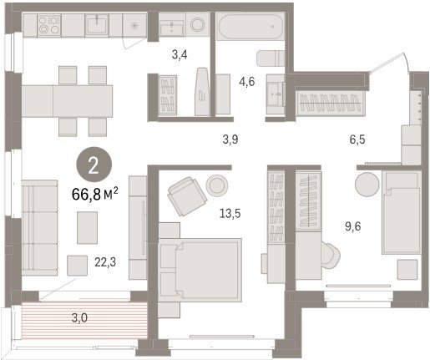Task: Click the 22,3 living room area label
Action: (105, 262)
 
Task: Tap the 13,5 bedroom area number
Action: (230, 214)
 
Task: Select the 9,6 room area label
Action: (353, 226)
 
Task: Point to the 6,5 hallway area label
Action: (357, 139)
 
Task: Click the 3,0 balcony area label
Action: (79, 317)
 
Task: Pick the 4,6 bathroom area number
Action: (247, 82)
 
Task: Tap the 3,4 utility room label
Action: (180, 54)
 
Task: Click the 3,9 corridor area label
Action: (230, 139)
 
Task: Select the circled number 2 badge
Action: (94, 165)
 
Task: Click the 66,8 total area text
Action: (95, 194)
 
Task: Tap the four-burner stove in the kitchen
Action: (49, 25)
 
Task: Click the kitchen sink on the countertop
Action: (97, 24)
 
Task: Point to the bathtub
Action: (250, 27)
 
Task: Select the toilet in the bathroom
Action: (271, 58)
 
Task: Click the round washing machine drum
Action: (198, 24)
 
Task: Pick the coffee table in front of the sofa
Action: (87, 227)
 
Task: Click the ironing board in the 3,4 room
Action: (202, 91)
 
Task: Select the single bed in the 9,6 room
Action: (401, 212)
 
